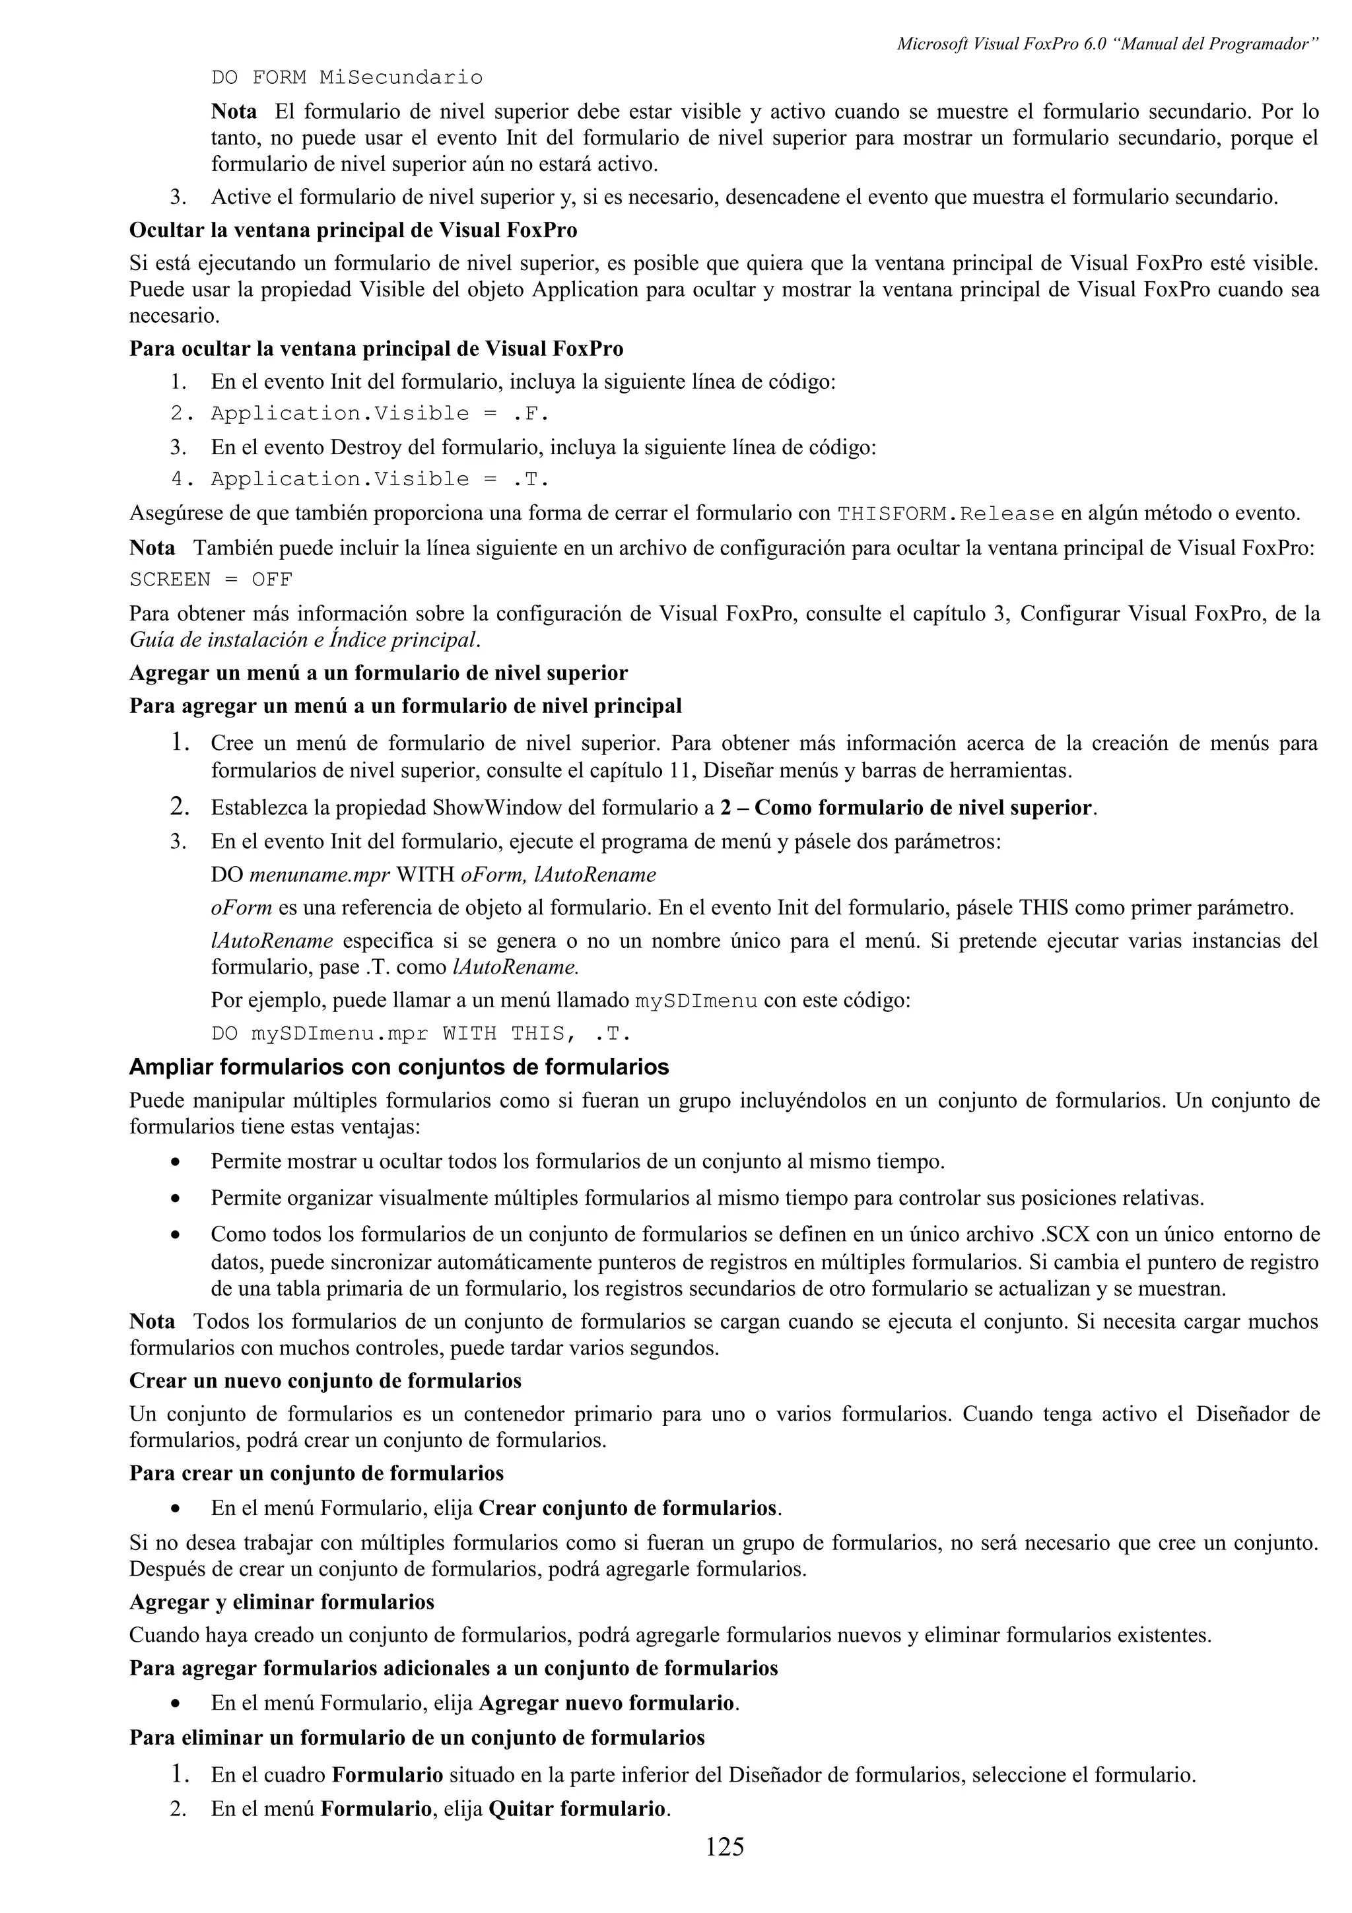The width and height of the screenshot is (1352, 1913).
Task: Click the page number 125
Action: click(724, 1846)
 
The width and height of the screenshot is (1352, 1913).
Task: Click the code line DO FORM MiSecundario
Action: click(347, 79)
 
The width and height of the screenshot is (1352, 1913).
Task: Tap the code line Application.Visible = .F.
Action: click(380, 414)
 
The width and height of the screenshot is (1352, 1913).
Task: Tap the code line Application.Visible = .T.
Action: click(380, 479)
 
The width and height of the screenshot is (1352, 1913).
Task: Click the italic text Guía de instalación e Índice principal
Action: click(305, 641)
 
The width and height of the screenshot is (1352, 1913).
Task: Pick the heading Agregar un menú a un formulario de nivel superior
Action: click(378, 673)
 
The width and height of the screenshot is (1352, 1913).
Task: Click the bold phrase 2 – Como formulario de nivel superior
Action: click(906, 808)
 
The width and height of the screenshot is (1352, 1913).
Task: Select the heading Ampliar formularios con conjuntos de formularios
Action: click(399, 1067)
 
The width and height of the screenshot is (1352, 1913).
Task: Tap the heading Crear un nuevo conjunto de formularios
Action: click(325, 1380)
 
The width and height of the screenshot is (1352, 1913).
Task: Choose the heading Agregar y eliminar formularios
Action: click(282, 1602)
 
